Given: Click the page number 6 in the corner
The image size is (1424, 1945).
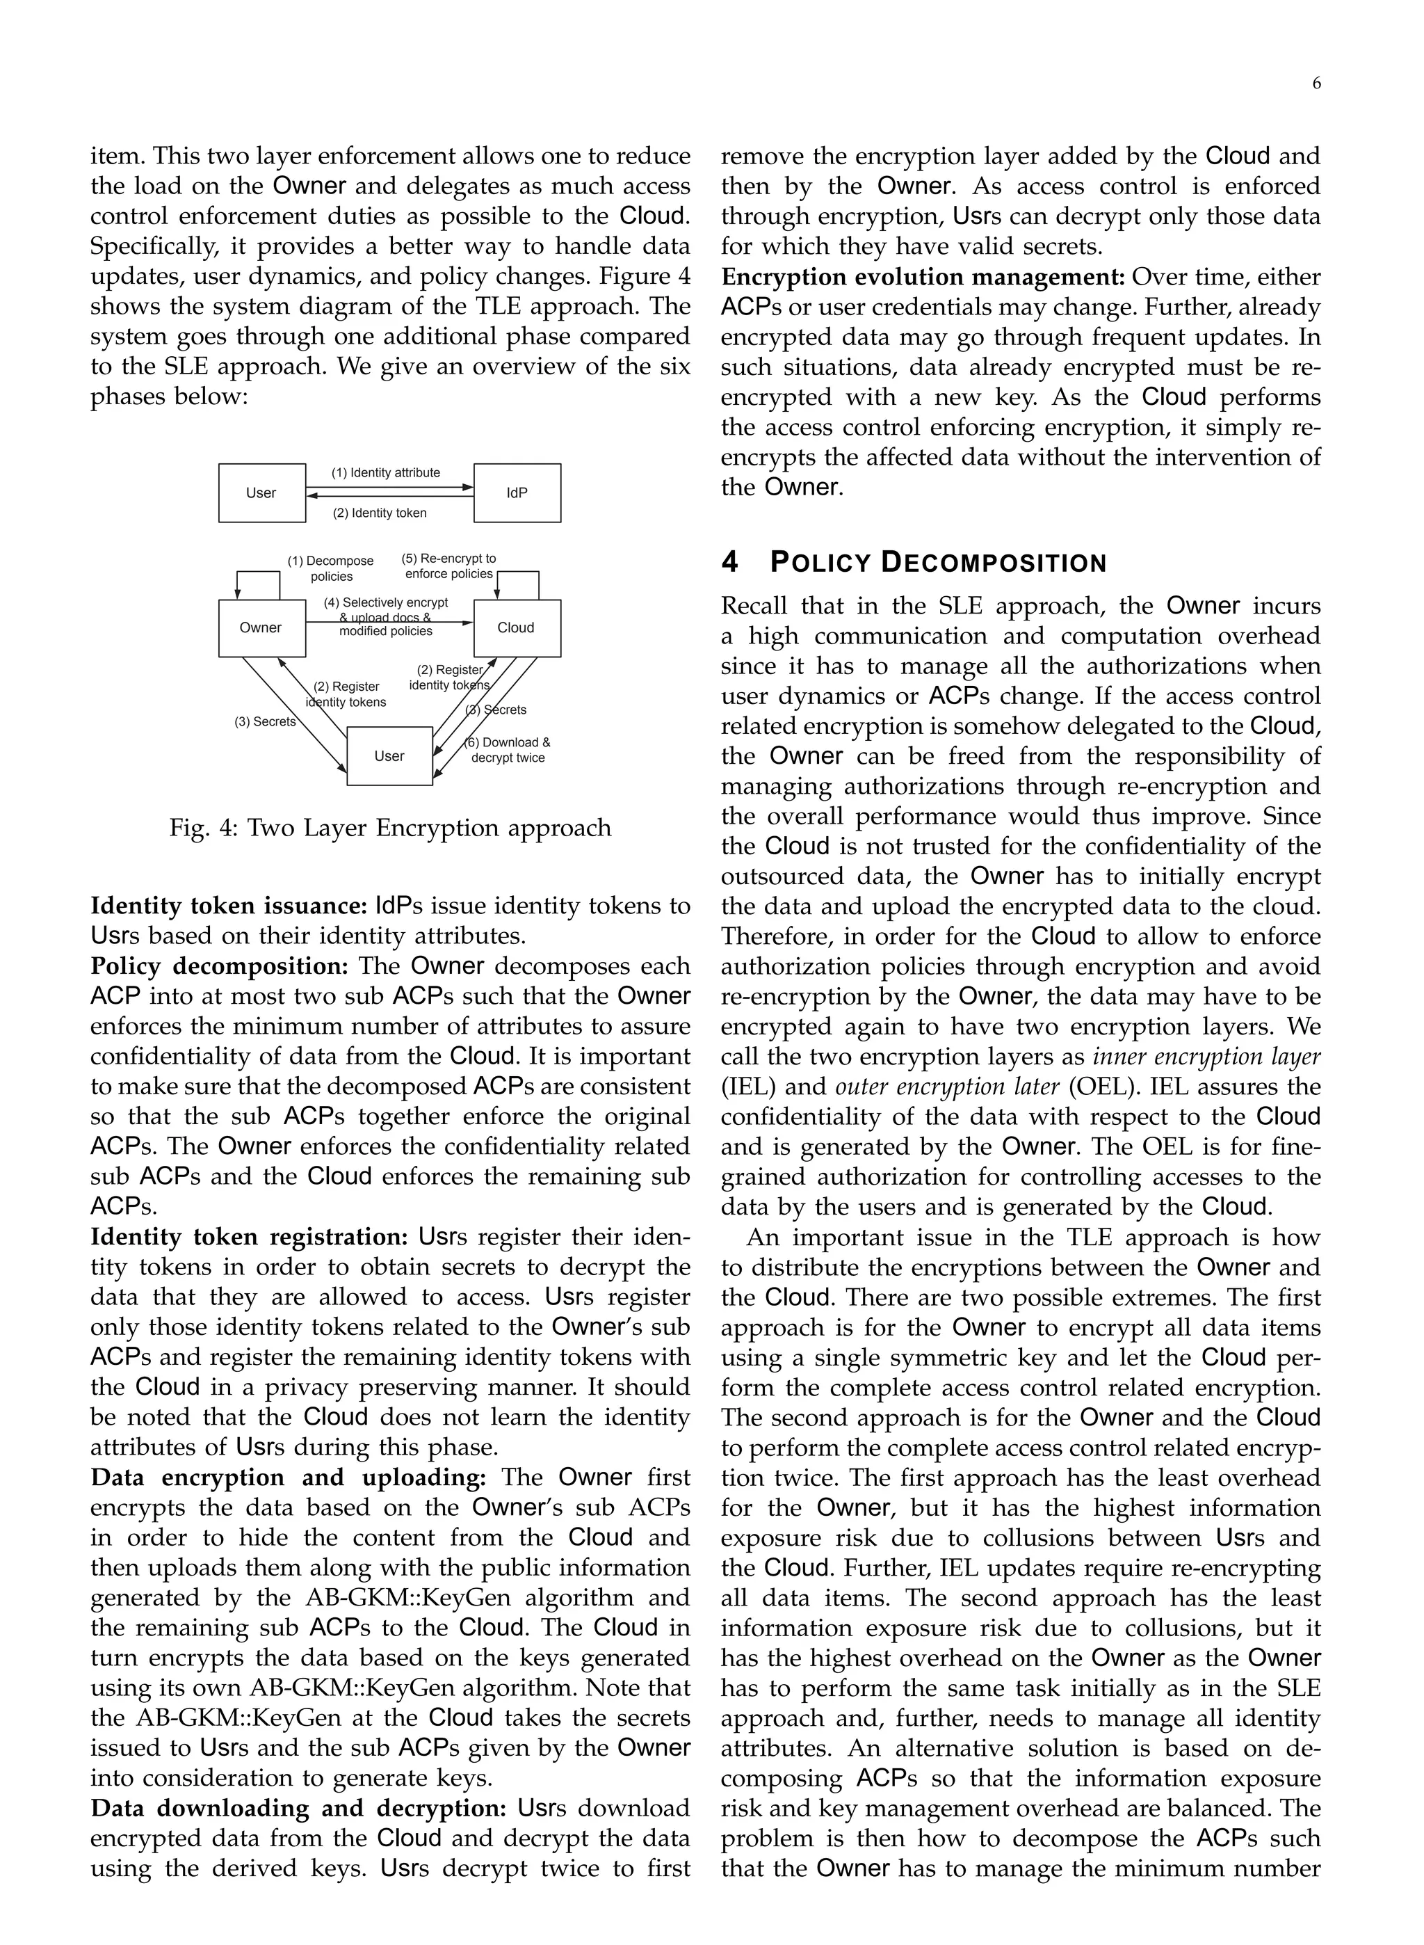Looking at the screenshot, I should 1316,83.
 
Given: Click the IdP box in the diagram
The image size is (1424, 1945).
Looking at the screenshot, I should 517,493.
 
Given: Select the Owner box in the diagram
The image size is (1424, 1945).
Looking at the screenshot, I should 261,627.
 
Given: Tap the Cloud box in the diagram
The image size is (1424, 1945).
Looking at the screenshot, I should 517,627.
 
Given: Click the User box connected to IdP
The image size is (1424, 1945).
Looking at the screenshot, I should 261,493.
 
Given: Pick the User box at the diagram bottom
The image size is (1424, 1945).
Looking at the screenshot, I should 389,756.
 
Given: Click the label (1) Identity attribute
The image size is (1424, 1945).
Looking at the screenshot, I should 386,472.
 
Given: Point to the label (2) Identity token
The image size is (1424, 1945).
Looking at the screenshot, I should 380,513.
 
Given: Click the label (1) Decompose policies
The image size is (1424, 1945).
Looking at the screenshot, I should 331,568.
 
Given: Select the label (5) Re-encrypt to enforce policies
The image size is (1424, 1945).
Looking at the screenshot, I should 449,566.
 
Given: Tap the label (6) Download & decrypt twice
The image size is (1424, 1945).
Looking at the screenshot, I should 508,750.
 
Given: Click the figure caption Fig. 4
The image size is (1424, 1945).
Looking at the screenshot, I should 391,828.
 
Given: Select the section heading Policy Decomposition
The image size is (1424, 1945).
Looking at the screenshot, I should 914,563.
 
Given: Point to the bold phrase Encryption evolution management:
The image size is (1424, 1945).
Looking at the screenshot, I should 923,278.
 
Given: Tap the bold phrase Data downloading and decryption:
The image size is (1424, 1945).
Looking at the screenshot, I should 302,1808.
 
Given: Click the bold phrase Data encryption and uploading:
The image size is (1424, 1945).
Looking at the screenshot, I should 289,1478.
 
